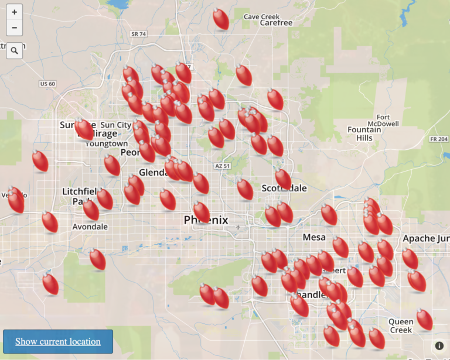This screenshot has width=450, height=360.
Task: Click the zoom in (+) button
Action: tap(15, 12)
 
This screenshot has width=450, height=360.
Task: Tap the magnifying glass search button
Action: tap(15, 51)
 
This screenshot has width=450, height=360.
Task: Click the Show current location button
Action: tap(57, 341)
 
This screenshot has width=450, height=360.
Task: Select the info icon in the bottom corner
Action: tap(439, 345)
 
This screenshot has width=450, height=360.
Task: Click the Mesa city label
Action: tap(314, 237)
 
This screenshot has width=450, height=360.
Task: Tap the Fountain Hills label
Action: tap(364, 133)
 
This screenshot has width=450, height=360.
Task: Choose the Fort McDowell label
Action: tap(383, 120)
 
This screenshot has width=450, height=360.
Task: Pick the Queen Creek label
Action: tap(401, 325)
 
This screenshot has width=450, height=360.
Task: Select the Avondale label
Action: tap(90, 227)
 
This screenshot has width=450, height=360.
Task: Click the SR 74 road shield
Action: tap(138, 51)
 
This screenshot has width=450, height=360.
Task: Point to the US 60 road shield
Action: tap(47, 84)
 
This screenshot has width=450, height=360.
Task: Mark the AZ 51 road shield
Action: tap(222, 166)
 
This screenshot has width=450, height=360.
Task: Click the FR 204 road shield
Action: tap(438, 139)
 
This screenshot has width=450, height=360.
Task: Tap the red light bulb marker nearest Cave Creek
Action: tap(221, 19)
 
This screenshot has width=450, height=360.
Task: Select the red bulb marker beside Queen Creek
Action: tap(424, 320)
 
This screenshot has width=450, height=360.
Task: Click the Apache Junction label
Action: tap(427, 238)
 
